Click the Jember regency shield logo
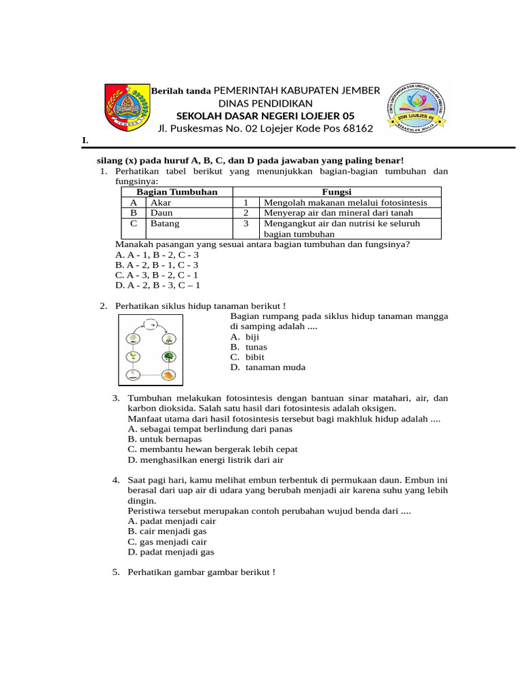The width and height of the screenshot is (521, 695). (126, 107)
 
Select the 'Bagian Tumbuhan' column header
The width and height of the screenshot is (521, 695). (177, 192)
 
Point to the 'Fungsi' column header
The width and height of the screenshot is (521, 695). (336, 192)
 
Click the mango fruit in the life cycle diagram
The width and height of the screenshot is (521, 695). (168, 375)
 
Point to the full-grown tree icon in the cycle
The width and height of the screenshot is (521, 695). (168, 356)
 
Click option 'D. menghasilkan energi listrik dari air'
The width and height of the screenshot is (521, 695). (205, 459)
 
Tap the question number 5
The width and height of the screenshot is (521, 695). (116, 572)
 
